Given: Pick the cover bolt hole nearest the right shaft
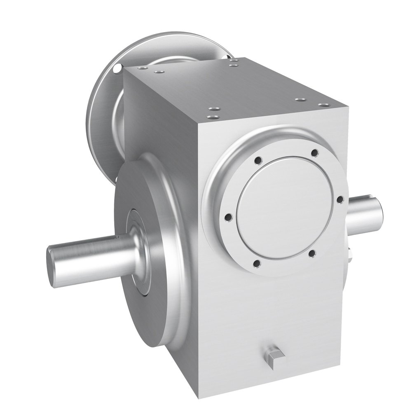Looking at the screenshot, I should [x=340, y=199].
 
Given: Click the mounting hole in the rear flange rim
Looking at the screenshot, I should [x=119, y=66].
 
